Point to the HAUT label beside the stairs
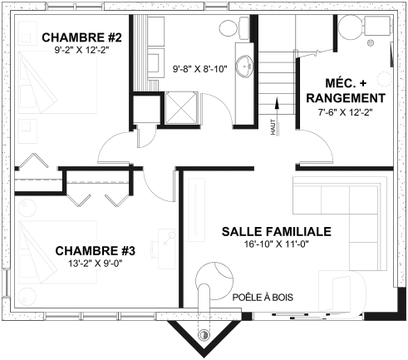click(272, 127)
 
